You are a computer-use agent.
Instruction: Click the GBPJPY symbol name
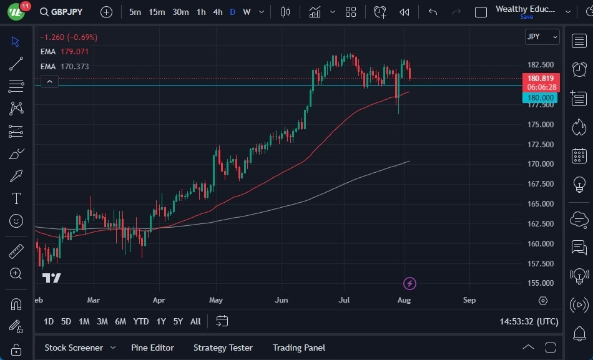pyautogui.click(x=67, y=12)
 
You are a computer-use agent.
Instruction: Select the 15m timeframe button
pyautogui.click(x=157, y=12)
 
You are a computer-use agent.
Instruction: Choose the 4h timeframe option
pyautogui.click(x=217, y=12)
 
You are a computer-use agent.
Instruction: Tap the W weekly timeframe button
pyautogui.click(x=247, y=12)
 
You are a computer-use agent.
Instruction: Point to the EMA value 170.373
pyautogui.click(x=74, y=66)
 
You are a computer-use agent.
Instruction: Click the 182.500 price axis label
pyautogui.click(x=541, y=65)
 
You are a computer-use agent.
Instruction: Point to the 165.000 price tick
pyautogui.click(x=541, y=204)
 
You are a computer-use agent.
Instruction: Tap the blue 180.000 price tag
pyautogui.click(x=540, y=98)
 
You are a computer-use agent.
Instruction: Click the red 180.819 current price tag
pyautogui.click(x=541, y=79)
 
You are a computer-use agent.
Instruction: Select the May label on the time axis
pyautogui.click(x=216, y=300)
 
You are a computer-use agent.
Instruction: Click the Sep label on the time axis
pyautogui.click(x=469, y=300)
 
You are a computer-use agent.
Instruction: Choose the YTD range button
pyautogui.click(x=141, y=321)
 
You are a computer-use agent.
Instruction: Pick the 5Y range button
pyautogui.click(x=178, y=321)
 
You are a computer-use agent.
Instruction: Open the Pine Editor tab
pyautogui.click(x=152, y=348)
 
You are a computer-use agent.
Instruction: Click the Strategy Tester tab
pyautogui.click(x=223, y=348)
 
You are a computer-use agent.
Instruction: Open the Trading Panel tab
pyautogui.click(x=299, y=348)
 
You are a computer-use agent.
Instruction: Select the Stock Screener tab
pyautogui.click(x=74, y=348)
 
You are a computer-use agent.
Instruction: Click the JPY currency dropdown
pyautogui.click(x=542, y=37)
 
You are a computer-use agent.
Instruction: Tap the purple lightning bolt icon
pyautogui.click(x=409, y=284)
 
